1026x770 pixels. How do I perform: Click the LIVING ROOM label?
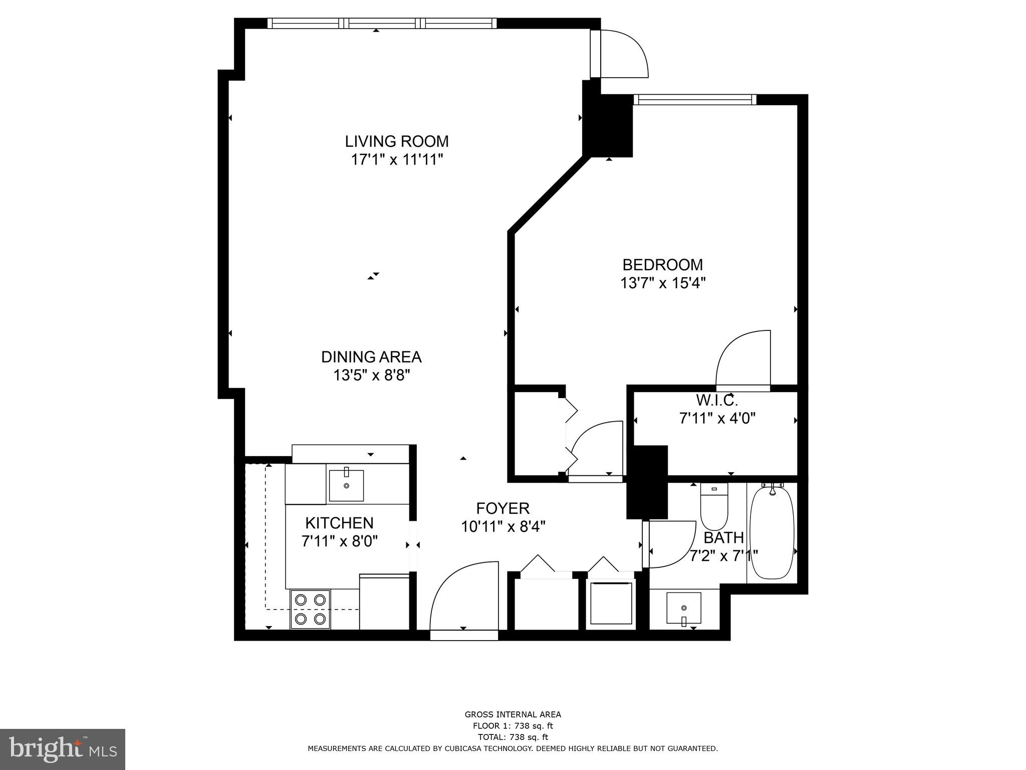pos(396,141)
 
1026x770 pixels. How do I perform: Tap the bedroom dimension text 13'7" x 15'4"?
pos(663,283)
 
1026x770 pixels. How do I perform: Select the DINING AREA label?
pos(371,357)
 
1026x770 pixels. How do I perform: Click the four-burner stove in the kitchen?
pos(310,609)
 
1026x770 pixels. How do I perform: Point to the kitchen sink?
pos(346,485)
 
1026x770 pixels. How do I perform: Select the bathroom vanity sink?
pos(683,608)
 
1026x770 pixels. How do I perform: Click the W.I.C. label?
pos(717,400)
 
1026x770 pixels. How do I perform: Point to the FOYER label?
pos(502,508)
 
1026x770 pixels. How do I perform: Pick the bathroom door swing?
pos(670,544)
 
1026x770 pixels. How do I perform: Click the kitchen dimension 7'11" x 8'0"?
pos(339,541)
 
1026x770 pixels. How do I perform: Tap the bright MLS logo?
pos(63,749)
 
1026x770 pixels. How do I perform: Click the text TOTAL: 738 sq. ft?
pos(512,737)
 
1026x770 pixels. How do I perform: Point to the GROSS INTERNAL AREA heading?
pos(512,714)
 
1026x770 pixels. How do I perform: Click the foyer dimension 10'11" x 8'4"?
pos(503,527)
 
